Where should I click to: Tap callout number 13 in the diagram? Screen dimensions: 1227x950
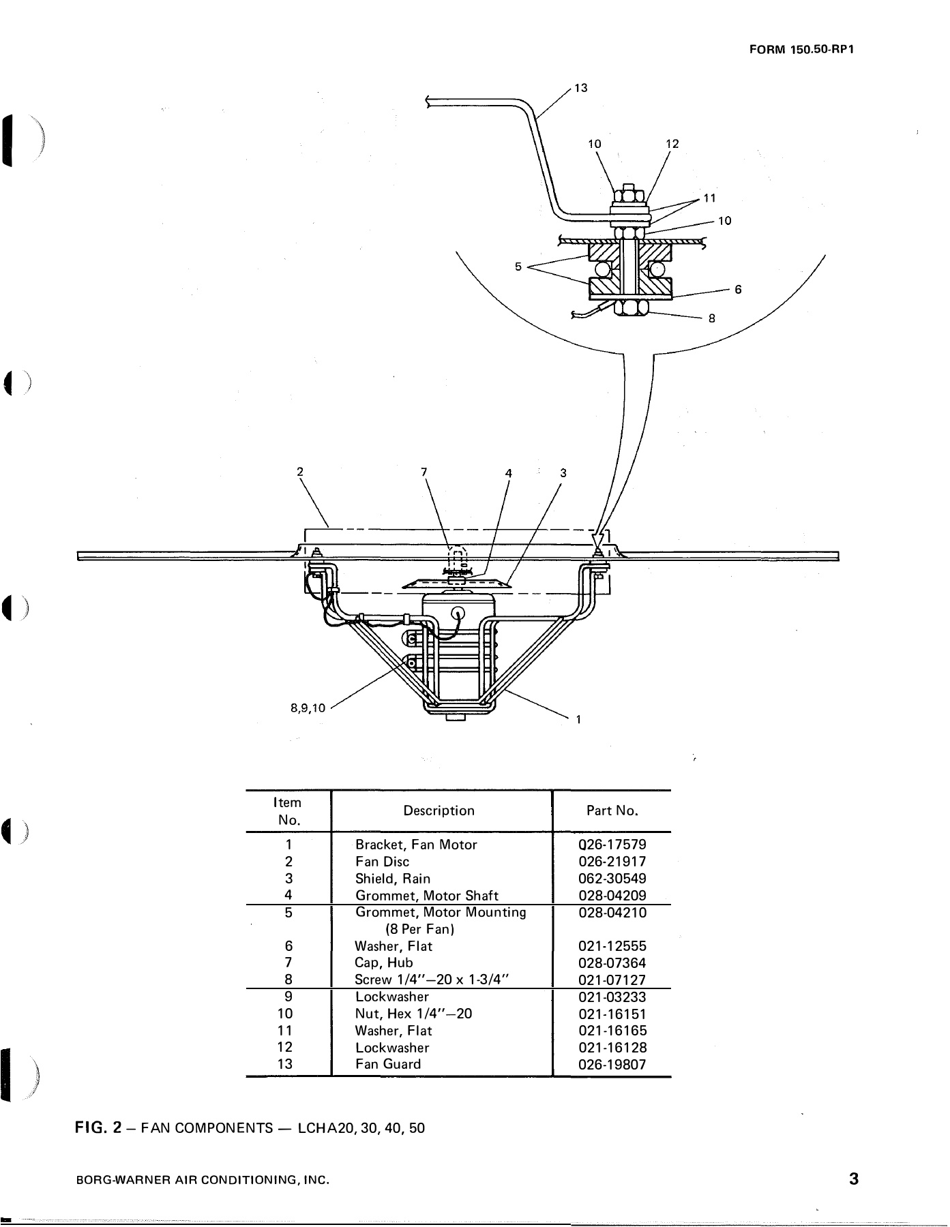point(580,88)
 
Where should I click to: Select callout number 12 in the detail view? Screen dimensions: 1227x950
point(672,144)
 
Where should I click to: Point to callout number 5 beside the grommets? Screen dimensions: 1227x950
point(518,267)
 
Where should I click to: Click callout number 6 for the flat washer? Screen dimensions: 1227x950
point(738,289)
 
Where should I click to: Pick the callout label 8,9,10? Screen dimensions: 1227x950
point(308,708)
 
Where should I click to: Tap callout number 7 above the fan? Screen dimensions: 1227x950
point(424,472)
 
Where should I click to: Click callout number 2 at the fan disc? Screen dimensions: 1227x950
point(299,470)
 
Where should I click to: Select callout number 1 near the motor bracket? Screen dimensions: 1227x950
point(578,718)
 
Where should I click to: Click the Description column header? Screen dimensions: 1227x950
point(439,811)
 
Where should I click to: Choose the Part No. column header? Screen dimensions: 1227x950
point(612,811)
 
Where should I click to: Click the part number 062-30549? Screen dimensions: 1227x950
point(612,879)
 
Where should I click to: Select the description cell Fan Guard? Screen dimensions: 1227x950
point(388,1064)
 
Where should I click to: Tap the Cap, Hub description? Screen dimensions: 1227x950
point(384,963)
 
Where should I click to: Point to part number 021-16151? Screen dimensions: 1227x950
point(612,1014)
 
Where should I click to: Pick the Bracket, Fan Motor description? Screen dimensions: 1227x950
point(416,845)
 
